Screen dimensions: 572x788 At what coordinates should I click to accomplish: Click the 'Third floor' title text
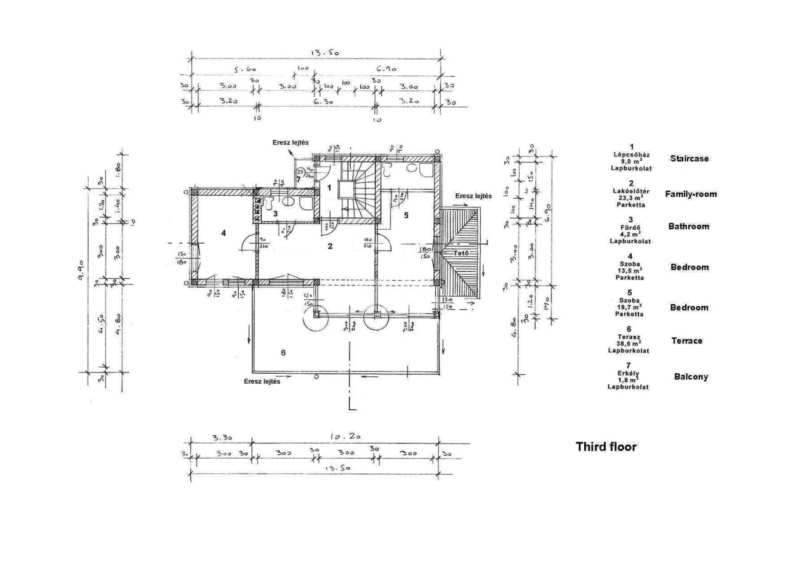click(x=606, y=447)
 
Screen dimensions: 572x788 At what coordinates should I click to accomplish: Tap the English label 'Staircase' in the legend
click(x=689, y=158)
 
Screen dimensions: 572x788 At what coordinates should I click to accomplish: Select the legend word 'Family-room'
click(x=691, y=194)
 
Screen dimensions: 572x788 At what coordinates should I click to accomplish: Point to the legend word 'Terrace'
click(x=686, y=340)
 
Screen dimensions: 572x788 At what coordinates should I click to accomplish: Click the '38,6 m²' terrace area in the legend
click(x=628, y=344)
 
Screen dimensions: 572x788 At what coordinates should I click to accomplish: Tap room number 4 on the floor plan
click(x=224, y=233)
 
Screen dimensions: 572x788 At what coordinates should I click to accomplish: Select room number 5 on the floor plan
click(x=406, y=215)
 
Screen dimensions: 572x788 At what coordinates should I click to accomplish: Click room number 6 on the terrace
click(x=283, y=353)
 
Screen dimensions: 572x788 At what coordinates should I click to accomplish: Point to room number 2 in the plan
click(x=330, y=246)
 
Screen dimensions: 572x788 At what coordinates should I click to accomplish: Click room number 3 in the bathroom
click(x=276, y=214)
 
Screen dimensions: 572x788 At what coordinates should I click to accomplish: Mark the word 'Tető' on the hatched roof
click(x=461, y=253)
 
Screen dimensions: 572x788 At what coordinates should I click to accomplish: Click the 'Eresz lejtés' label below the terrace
click(x=262, y=382)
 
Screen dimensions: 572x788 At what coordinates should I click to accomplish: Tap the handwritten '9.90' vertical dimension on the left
click(x=81, y=270)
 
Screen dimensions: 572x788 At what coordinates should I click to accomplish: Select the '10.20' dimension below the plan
click(x=345, y=437)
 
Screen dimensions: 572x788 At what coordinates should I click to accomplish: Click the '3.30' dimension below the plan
click(x=222, y=438)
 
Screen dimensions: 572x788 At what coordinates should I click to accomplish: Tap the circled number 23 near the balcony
click(x=300, y=172)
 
